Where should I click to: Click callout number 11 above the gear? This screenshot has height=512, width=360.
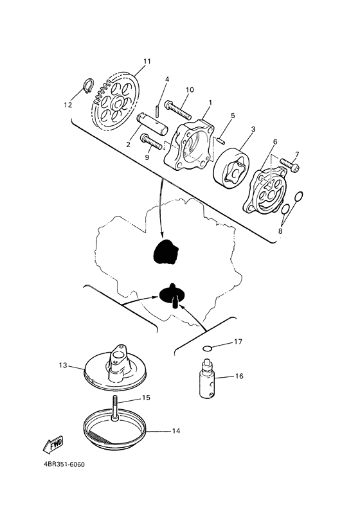(147, 62)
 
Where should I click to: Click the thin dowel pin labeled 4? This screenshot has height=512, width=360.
(158, 102)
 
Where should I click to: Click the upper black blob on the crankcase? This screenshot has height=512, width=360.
(165, 252)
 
